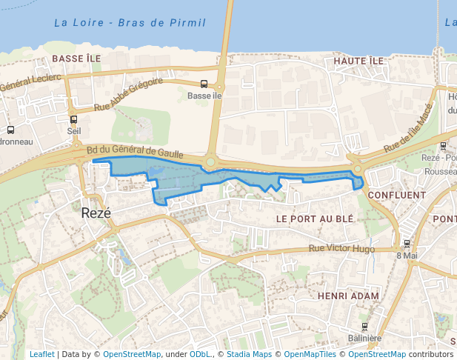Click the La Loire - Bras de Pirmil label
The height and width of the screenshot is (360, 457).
tap(130, 23)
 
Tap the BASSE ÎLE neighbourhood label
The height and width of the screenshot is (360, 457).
tap(76, 58)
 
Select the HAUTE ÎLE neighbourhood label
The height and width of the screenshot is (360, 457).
tap(358, 60)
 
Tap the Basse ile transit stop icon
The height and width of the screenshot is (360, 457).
tap(204, 84)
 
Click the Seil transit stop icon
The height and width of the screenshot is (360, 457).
tap(73, 119)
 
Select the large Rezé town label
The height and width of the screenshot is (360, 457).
tap(96, 213)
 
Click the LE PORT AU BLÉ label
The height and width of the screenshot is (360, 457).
tap(315, 219)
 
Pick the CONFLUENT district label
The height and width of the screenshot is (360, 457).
tap(396, 196)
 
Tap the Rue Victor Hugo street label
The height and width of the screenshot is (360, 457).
tap(341, 249)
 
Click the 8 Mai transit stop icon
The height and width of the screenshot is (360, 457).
tap(407, 243)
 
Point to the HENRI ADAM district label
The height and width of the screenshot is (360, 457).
tap(347, 296)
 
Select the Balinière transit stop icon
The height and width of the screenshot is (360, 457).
tap(364, 327)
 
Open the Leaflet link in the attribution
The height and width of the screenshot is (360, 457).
tap(41, 354)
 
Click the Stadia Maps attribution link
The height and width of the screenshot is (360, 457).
tap(249, 354)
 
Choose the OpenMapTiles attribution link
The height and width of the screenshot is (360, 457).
tap(312, 354)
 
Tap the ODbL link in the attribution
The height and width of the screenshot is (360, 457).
tap(200, 354)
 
